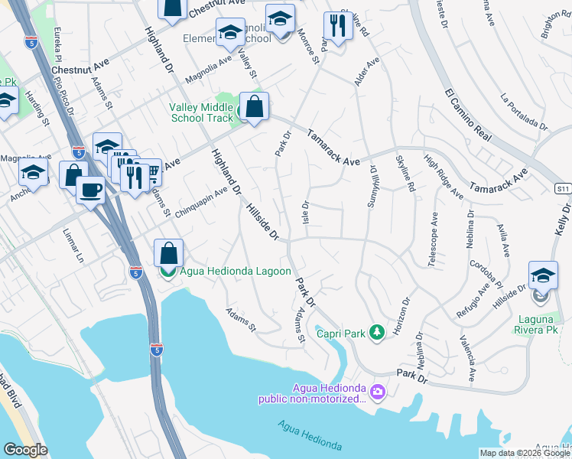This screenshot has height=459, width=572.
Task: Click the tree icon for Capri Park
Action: [x=375, y=332]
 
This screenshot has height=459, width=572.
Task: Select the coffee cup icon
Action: [x=90, y=190]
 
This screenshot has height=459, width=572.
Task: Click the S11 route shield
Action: [x=562, y=187]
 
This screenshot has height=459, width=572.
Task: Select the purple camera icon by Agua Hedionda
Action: [x=377, y=392]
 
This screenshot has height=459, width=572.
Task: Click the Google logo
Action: [x=25, y=450]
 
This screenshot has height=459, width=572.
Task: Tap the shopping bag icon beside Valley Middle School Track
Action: [x=255, y=107]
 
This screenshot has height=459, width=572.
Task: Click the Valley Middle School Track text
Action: [x=201, y=112]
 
